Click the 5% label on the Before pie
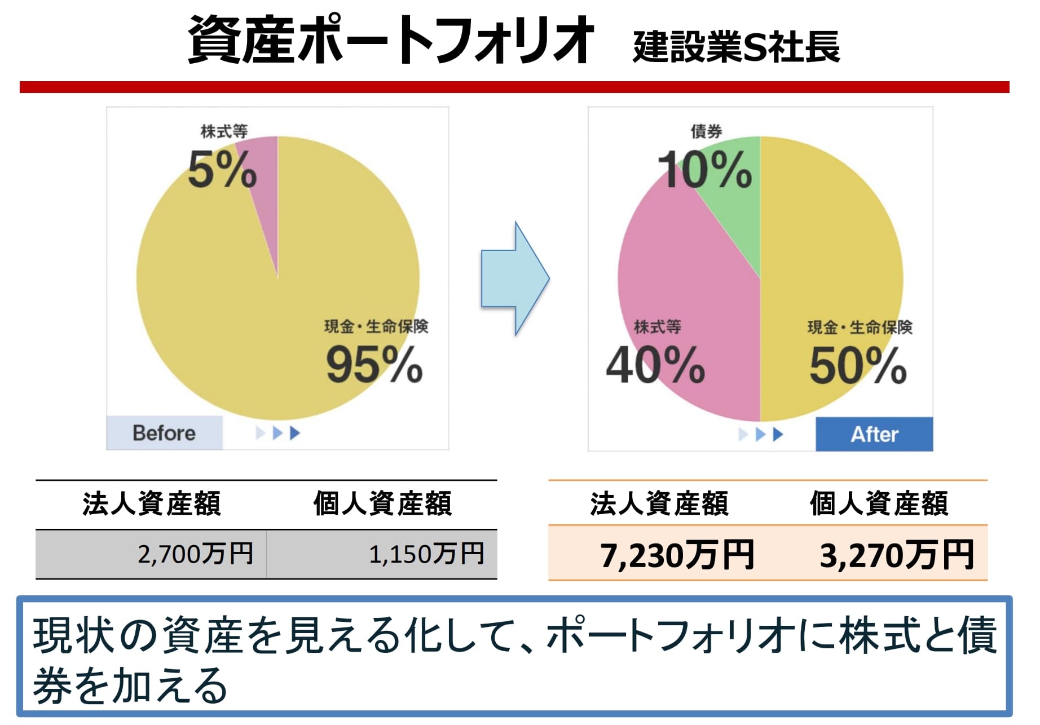(x=222, y=169)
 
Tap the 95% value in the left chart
(x=374, y=365)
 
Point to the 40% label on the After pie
(x=655, y=365)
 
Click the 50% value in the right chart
(x=857, y=365)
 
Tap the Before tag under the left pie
(x=164, y=433)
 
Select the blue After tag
(x=874, y=434)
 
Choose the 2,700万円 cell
(x=195, y=554)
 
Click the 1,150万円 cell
(x=426, y=554)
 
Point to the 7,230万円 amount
(x=676, y=555)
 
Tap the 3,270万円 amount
(x=896, y=555)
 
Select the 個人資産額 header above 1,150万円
(x=382, y=503)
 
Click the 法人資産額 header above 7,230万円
(x=659, y=503)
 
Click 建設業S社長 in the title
(x=736, y=47)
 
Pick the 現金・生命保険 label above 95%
(x=376, y=326)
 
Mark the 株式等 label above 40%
(x=657, y=326)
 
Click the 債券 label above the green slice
(x=706, y=132)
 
